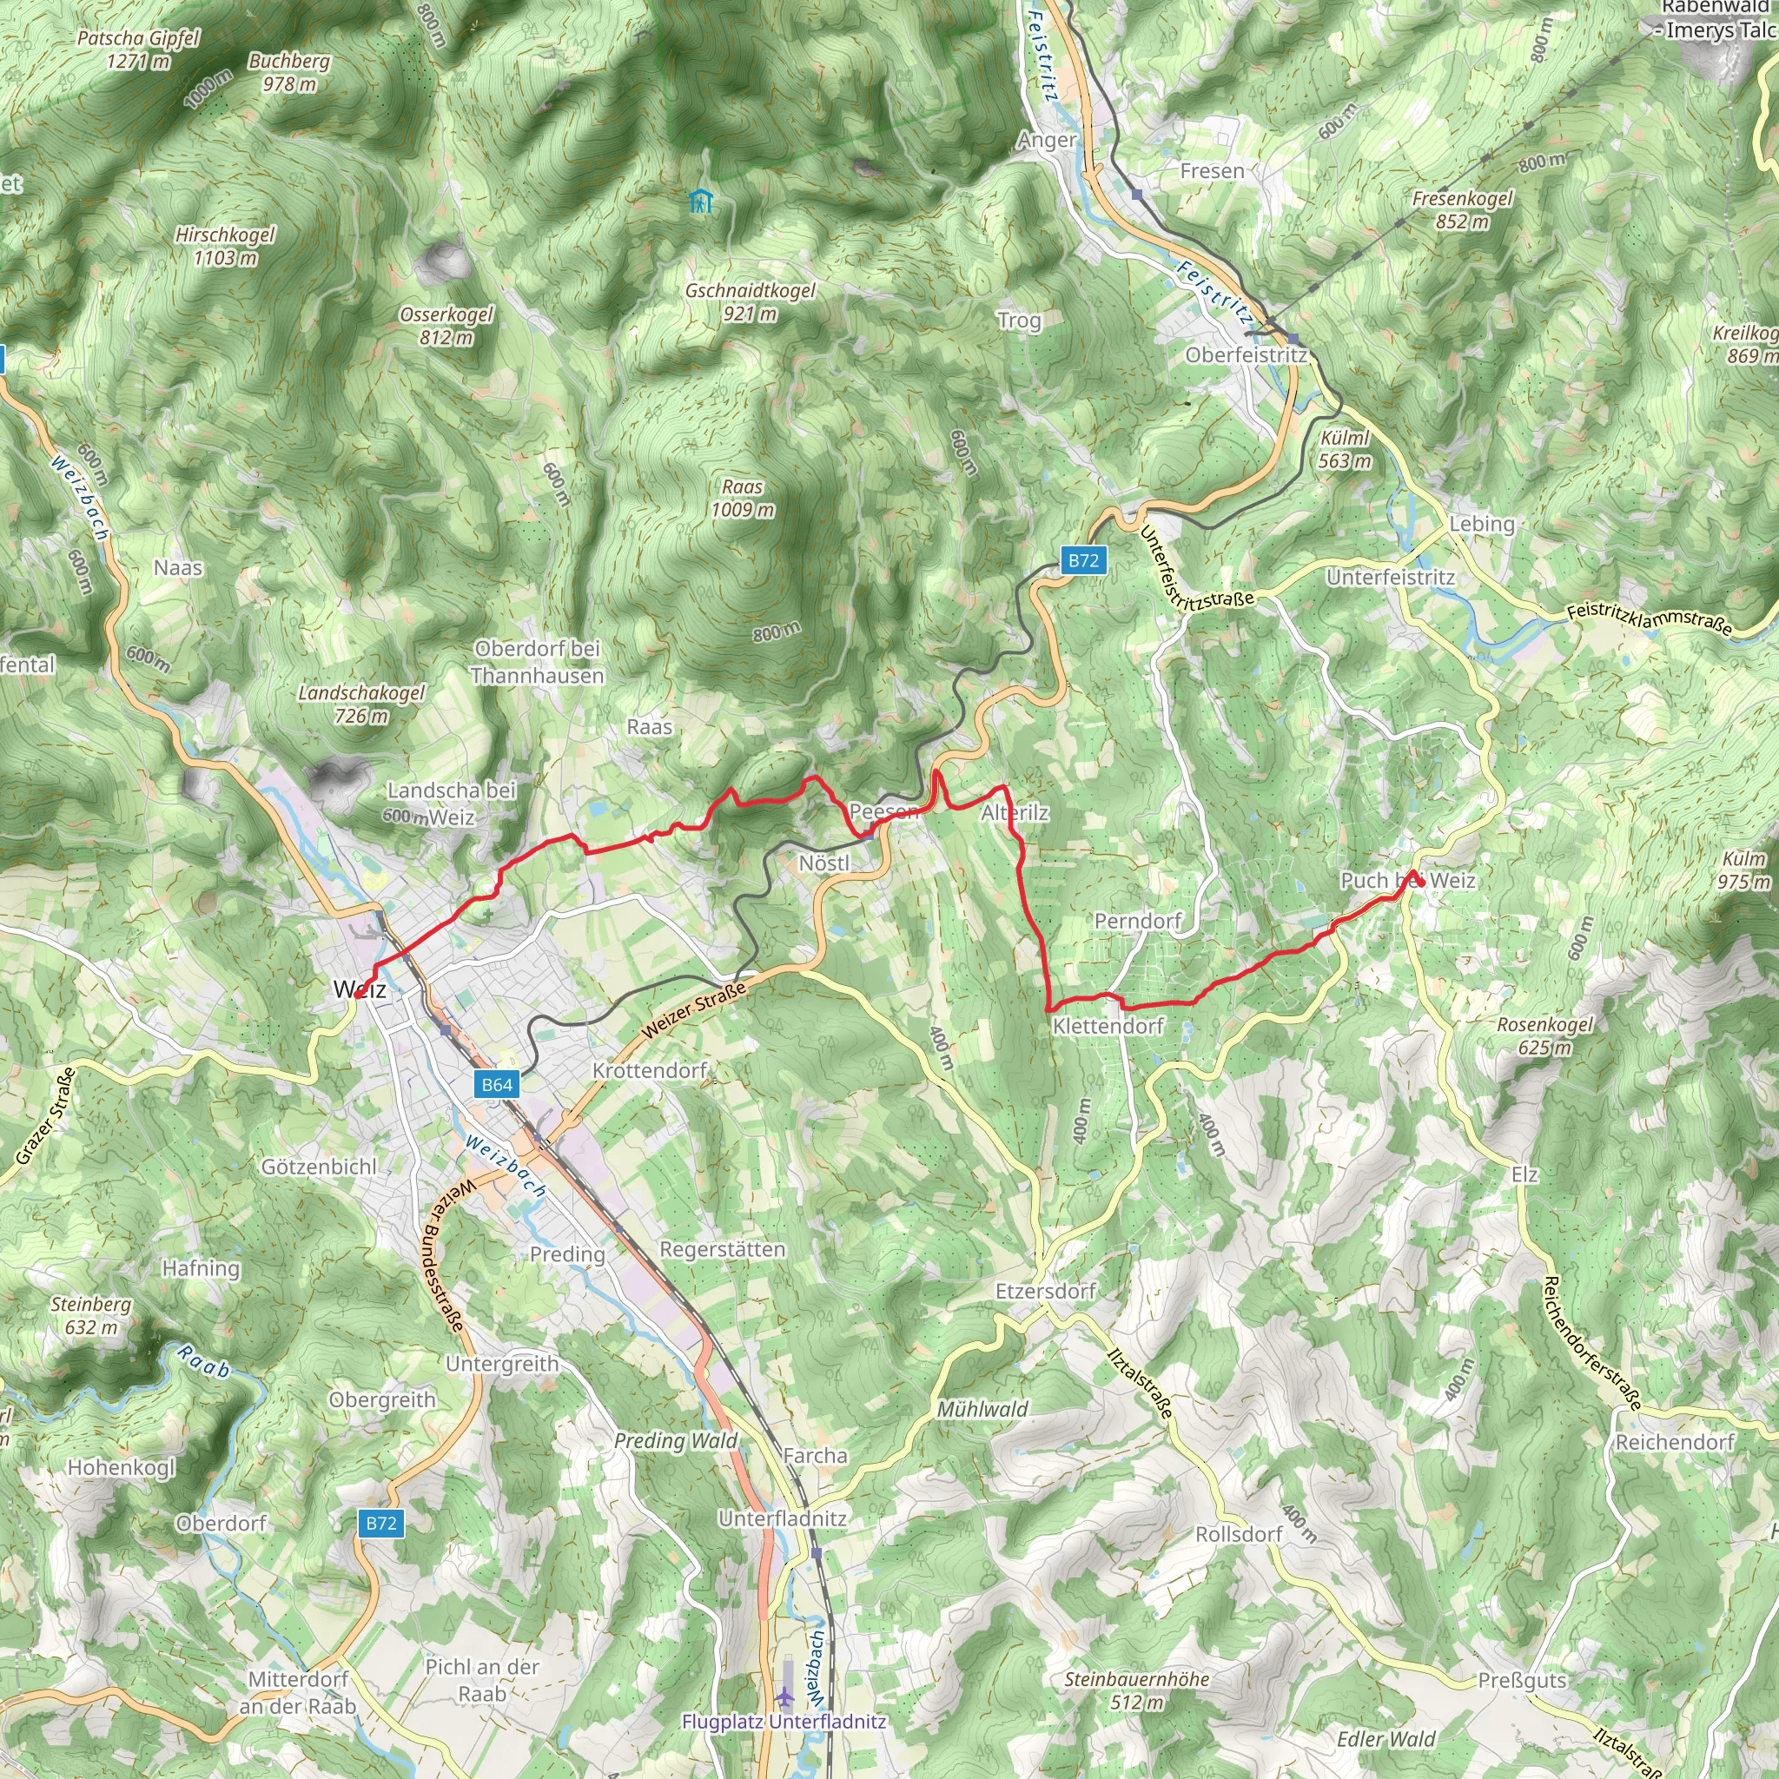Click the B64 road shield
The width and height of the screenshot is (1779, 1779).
click(497, 1084)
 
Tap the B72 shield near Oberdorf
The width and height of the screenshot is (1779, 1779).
click(381, 1523)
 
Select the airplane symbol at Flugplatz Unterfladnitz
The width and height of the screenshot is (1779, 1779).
click(784, 1696)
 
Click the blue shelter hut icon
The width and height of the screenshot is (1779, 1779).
click(702, 201)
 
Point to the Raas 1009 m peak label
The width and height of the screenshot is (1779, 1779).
click(742, 498)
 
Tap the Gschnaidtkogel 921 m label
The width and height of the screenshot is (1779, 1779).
click(751, 302)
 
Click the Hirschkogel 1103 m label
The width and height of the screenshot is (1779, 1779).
click(225, 246)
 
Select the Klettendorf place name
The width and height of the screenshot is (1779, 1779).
click(1108, 1026)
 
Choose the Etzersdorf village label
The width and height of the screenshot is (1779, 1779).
click(1045, 1291)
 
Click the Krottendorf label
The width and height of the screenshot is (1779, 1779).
click(650, 1070)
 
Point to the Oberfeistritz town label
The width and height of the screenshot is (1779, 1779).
click(1246, 355)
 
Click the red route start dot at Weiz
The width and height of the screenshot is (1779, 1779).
click(357, 995)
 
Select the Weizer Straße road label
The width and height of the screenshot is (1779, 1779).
click(693, 1010)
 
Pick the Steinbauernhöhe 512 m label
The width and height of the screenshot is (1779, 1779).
click(1137, 1690)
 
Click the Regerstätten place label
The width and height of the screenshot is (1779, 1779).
click(723, 1249)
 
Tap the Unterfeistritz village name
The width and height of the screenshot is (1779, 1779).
click(1391, 578)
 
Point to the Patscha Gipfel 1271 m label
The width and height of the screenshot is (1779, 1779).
click(138, 50)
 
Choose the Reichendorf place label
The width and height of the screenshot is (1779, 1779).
click(1675, 1442)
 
